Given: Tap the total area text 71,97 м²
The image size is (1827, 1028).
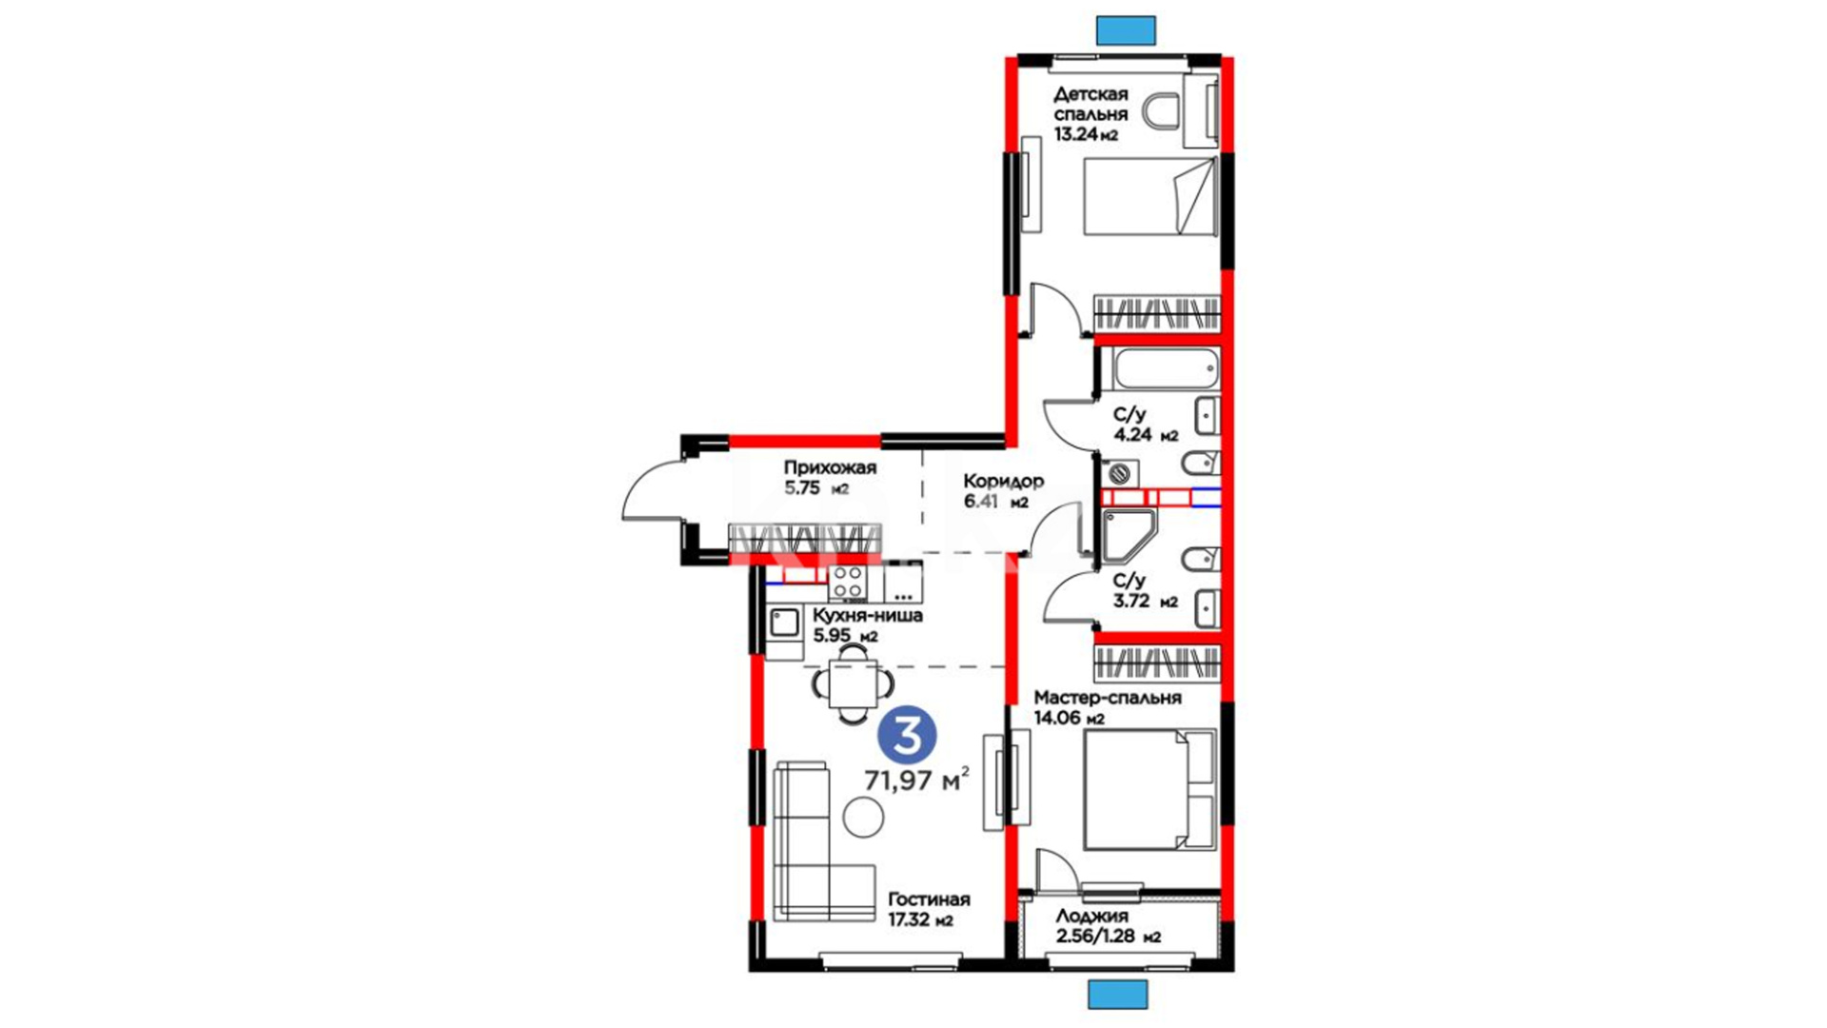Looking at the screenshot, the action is click(x=916, y=780).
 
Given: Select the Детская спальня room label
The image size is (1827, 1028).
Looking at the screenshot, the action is click(x=1090, y=104).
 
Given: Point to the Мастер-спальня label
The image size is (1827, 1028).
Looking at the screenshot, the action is click(x=1108, y=698).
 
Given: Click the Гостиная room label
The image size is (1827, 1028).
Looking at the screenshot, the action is click(x=929, y=899).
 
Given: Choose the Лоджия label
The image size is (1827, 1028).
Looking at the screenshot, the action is click(x=1091, y=916).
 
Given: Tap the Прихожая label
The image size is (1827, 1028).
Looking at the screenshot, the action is click(x=830, y=467).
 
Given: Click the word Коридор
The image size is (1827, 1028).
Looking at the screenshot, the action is click(x=1003, y=481).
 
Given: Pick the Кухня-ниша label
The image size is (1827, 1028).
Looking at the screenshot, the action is click(x=867, y=616).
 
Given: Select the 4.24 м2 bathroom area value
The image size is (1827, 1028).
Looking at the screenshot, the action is click(x=1146, y=435).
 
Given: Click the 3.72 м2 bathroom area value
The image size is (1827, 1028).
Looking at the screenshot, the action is click(x=1146, y=602).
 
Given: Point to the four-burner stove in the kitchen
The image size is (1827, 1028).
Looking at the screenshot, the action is click(x=847, y=583).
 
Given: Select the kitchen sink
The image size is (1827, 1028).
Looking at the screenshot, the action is click(x=784, y=623).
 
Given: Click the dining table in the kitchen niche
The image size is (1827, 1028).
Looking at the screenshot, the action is click(x=853, y=683).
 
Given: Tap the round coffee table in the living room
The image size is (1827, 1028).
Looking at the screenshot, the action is click(x=863, y=817).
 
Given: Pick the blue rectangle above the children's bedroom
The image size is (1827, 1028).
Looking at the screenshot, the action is click(x=1126, y=30).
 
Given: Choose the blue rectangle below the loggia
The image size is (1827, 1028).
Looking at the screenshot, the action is click(x=1118, y=994).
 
